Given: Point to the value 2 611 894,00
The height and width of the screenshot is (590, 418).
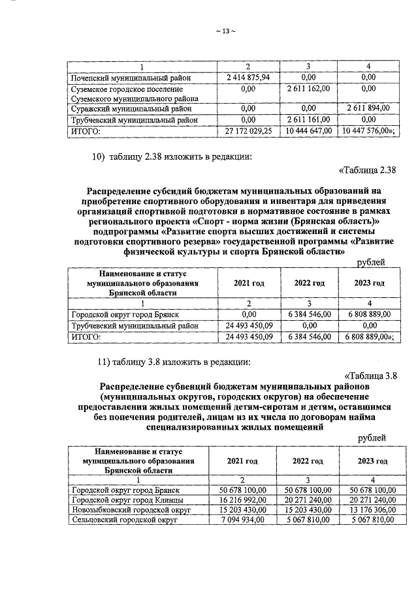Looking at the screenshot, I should point(368,108).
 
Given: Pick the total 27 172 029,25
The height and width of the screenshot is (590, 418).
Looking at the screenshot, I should point(248,131).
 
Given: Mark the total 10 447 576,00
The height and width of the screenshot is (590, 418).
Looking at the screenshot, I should point(367,131).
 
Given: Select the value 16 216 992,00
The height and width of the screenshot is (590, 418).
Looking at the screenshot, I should point(242,500).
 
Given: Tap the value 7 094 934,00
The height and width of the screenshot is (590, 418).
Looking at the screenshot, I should point(242,520).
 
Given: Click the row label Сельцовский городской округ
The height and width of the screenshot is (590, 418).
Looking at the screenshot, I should point(123,520).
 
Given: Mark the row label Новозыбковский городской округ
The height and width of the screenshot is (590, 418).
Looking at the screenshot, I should point(130,510).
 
